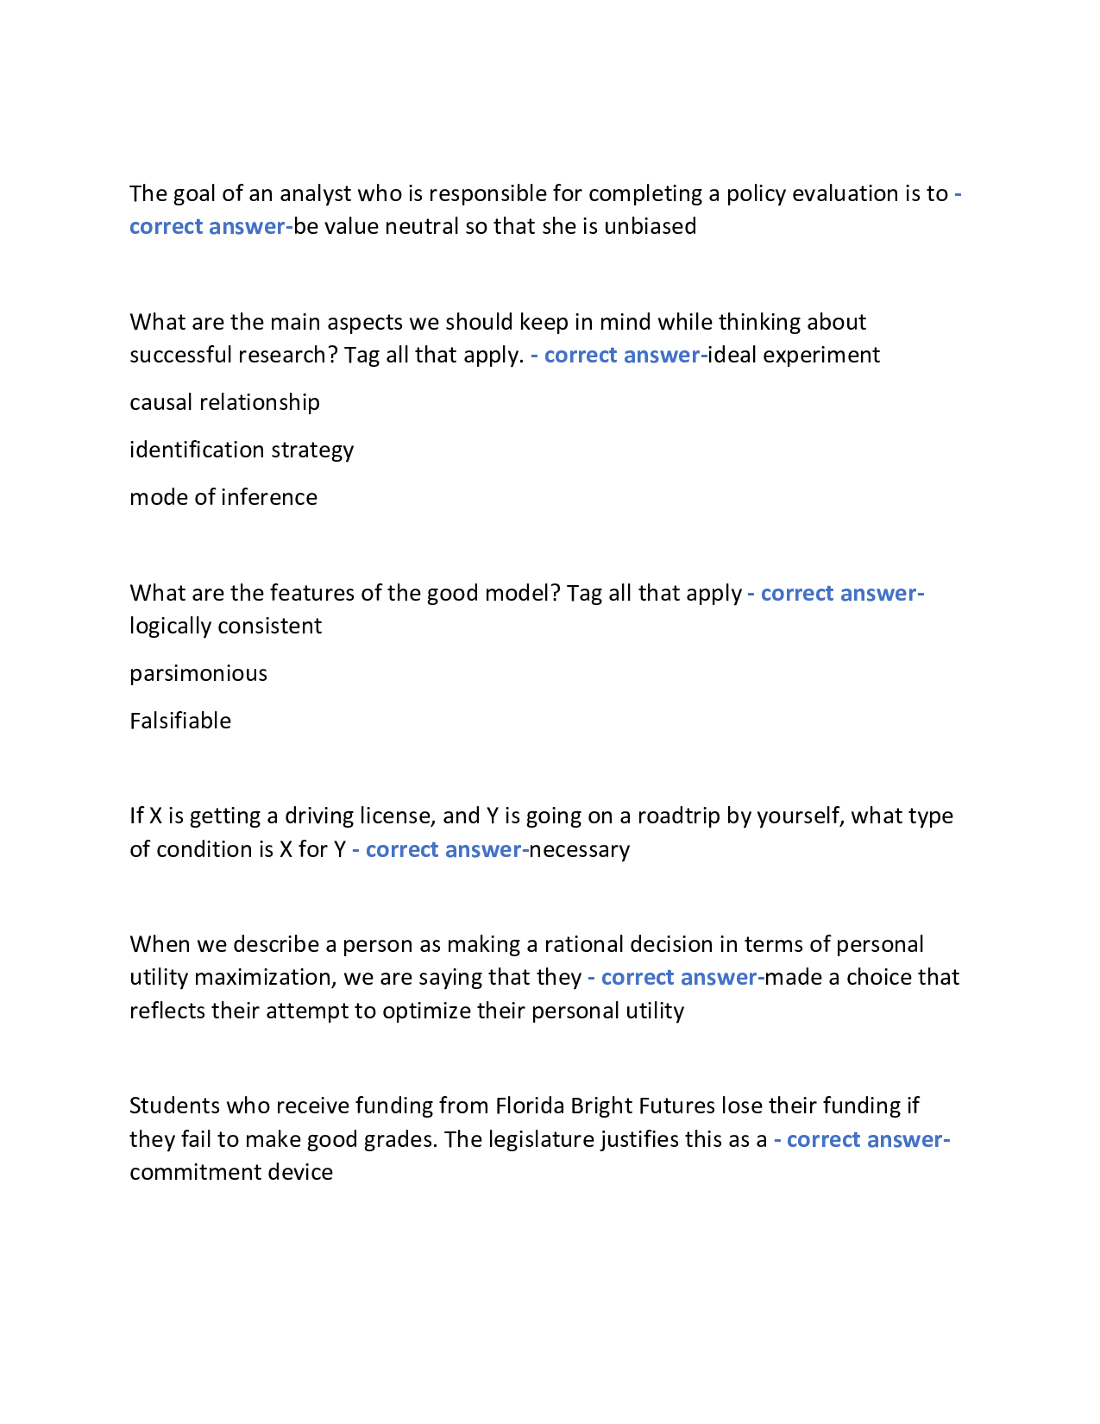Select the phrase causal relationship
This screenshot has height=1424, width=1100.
click(224, 403)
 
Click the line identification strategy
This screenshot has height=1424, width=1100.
click(242, 451)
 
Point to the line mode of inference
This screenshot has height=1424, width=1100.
click(223, 498)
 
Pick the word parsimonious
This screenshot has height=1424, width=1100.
click(198, 674)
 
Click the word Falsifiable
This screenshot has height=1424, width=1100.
click(180, 721)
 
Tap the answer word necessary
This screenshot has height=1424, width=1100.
click(579, 850)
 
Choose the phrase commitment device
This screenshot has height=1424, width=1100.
click(231, 1173)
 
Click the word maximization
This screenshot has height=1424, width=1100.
click(262, 978)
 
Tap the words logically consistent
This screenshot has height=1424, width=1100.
click(225, 627)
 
